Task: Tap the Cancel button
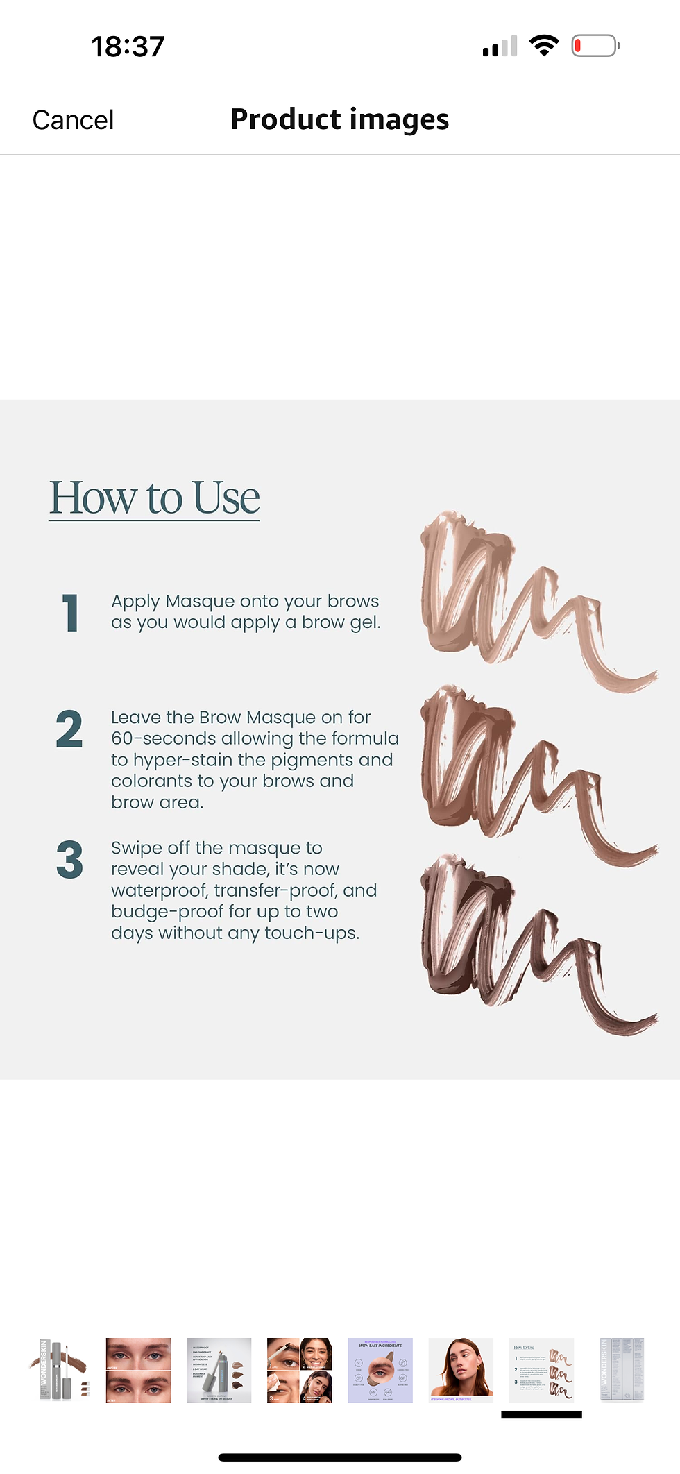(x=73, y=120)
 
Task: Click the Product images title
(x=339, y=119)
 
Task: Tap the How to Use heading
(x=154, y=498)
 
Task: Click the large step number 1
(x=70, y=613)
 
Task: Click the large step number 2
(x=69, y=729)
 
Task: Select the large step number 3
(x=69, y=860)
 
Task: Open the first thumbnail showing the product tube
(x=58, y=1371)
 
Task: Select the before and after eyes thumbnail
(x=138, y=1371)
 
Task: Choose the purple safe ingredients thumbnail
(x=380, y=1371)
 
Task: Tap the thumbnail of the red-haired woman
(x=461, y=1371)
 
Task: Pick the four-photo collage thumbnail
(x=300, y=1371)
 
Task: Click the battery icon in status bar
(x=595, y=46)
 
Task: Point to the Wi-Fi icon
(x=544, y=46)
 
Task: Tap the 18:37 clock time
(x=128, y=47)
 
